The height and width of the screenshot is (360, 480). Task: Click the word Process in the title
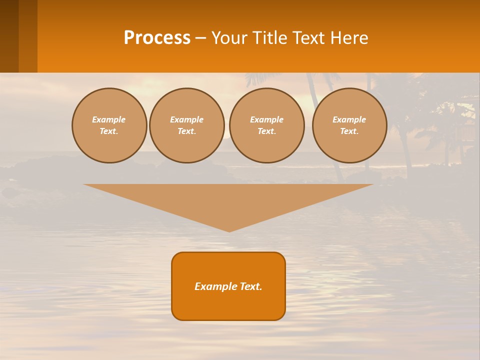coord(157,37)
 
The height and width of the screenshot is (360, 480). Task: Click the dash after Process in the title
coord(200,38)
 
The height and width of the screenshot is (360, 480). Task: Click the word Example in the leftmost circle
coord(109,119)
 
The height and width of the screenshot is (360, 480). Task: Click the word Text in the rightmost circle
coord(349,131)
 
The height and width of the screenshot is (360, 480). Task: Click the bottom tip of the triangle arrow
coord(229,230)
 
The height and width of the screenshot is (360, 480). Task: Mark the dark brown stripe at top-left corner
coord(9,36)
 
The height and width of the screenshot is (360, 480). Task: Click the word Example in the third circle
coord(267,119)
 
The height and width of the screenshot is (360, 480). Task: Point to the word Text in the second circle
coord(186,131)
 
